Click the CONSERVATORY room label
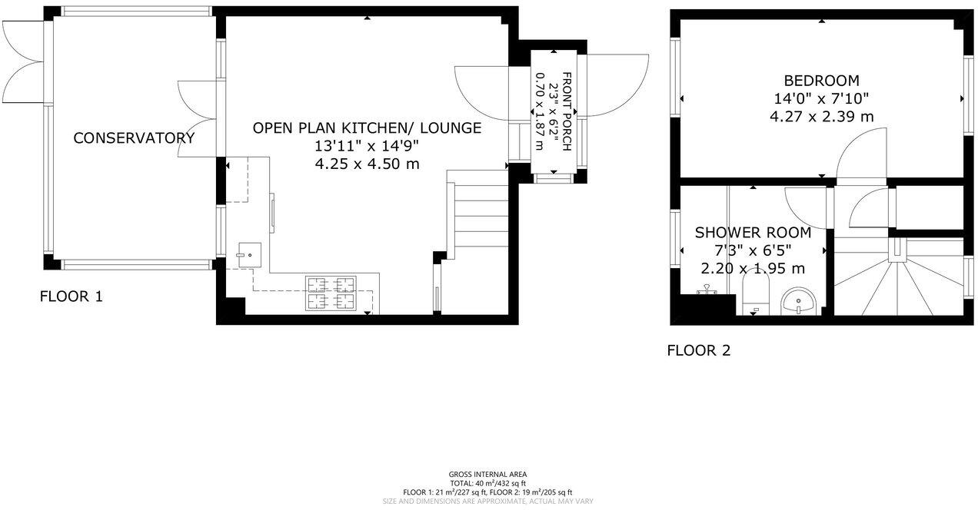[134, 138]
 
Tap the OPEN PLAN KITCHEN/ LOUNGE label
[367, 128]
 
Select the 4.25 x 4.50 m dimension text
[367, 164]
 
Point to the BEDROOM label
[821, 81]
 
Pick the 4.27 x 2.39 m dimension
[821, 117]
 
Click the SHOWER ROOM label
[753, 233]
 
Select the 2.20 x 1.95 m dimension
[753, 269]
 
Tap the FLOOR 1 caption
[72, 296]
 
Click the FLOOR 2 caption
[698, 352]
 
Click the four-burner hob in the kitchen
[332, 293]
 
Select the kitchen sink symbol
[249, 254]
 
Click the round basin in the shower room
[799, 300]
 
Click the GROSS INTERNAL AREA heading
[487, 474]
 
